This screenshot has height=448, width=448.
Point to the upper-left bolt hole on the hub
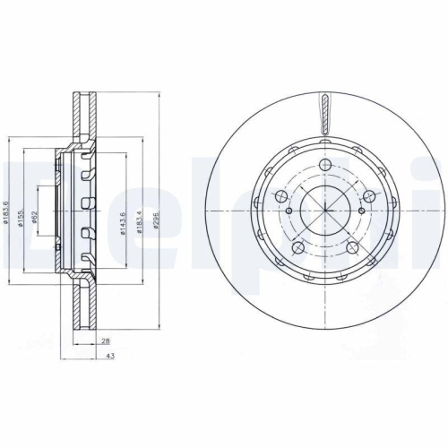tap(279, 195)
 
